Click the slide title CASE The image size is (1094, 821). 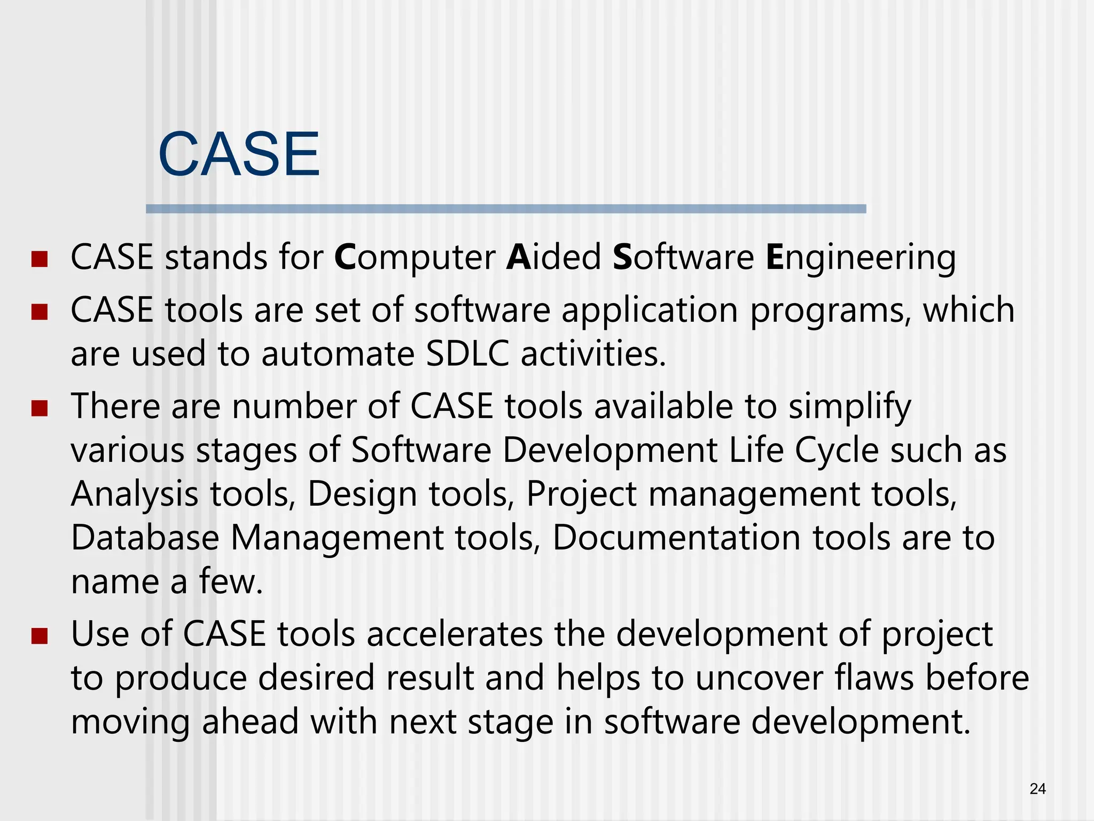coord(239,154)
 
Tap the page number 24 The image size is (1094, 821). coord(1037,789)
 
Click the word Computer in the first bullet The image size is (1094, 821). coord(415,258)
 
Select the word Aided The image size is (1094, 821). coord(554,257)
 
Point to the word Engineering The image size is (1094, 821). coord(861,258)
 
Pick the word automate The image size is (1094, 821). coord(338,354)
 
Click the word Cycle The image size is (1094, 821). coord(837,451)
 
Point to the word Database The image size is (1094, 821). coord(145,538)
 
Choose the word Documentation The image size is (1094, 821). coord(676,538)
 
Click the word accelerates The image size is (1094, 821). coord(455,634)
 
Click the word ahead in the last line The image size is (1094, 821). coord(250,722)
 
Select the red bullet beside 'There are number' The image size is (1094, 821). coord(40,409)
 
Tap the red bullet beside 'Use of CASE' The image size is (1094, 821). coord(40,636)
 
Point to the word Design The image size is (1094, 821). coord(362,494)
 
